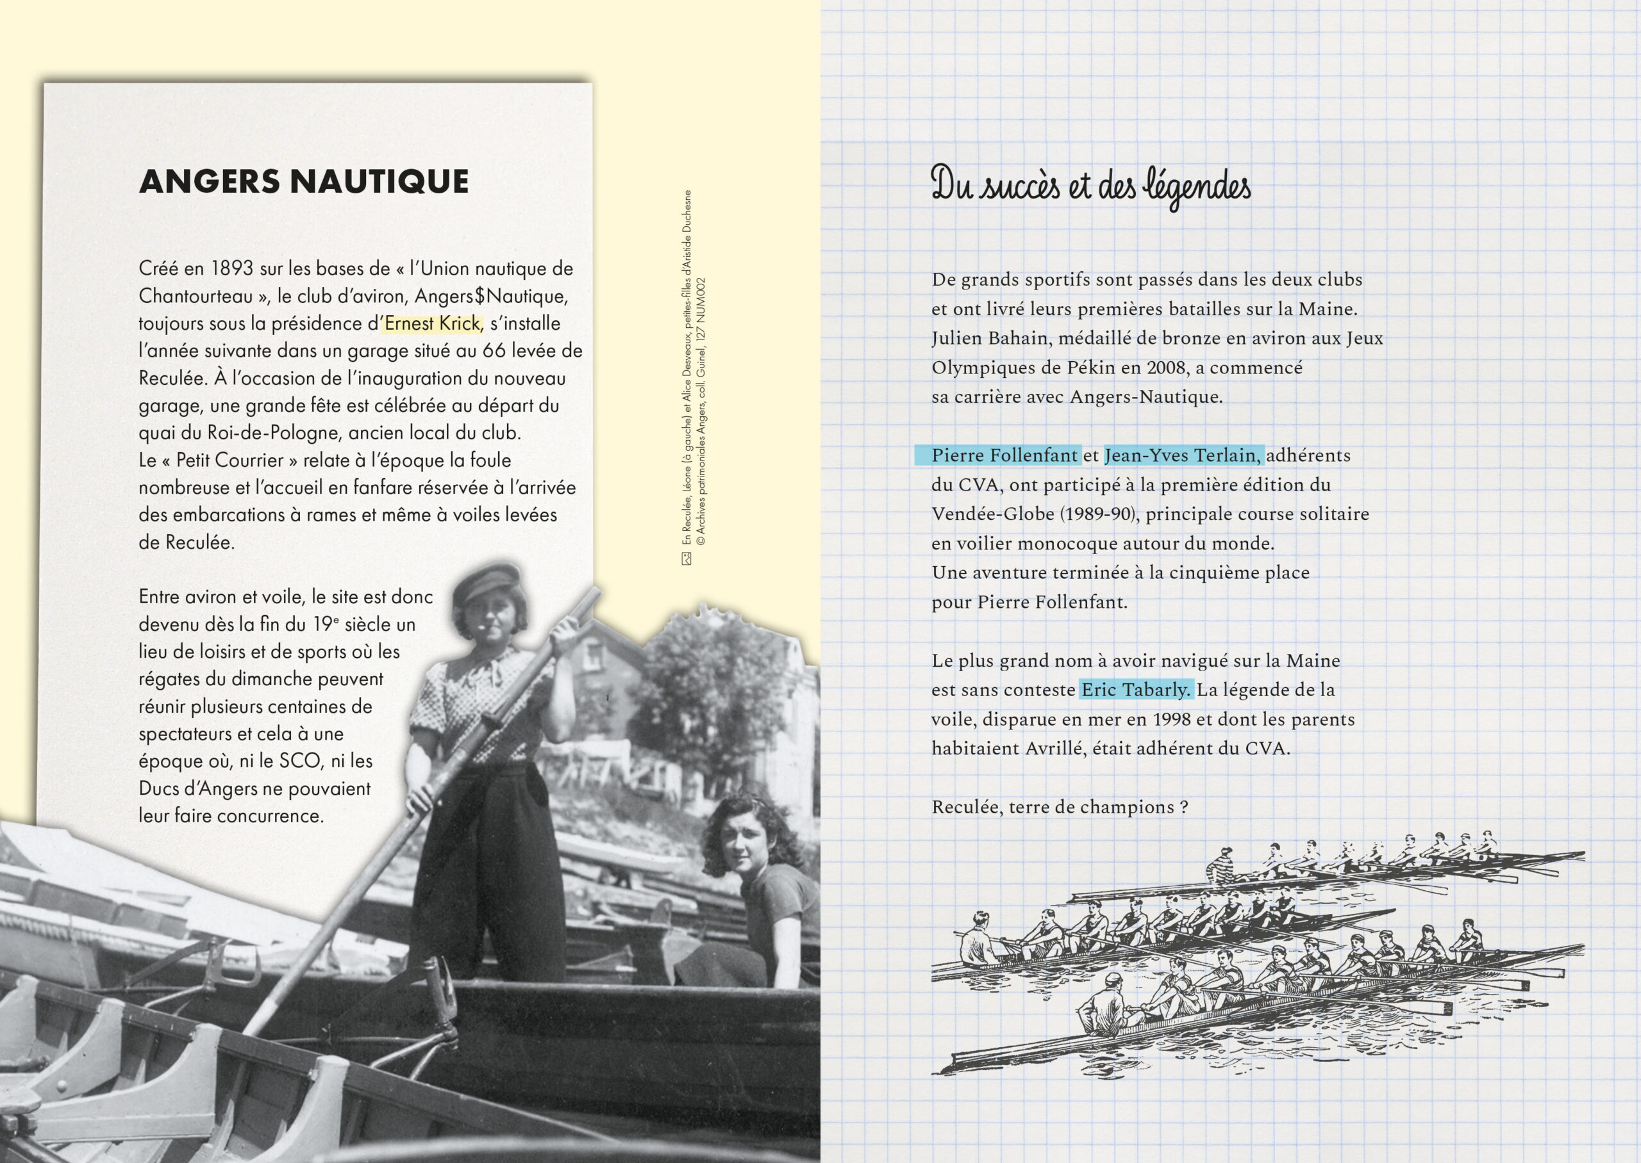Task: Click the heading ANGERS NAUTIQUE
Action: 304,181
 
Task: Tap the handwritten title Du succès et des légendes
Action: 1090,186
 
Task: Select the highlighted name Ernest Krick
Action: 432,323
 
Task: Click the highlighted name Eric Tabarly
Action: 1136,690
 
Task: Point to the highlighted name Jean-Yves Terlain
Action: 1183,455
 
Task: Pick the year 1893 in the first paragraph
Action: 232,268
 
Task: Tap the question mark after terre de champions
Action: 1184,807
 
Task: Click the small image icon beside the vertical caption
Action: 687,559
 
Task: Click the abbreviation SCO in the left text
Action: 299,761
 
